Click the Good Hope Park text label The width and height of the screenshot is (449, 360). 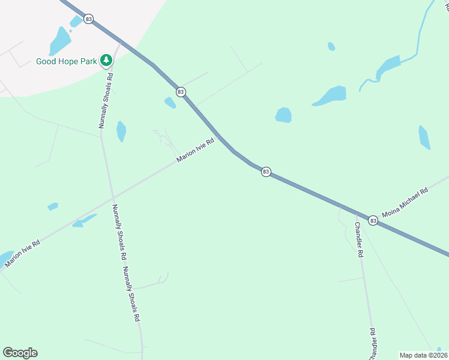[x=67, y=61]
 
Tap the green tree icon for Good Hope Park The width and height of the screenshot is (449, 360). [x=106, y=60]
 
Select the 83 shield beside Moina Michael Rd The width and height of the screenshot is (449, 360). [x=373, y=221]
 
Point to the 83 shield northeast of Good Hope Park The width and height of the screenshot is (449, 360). [x=89, y=19]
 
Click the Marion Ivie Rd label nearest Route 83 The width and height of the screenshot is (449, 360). [x=196, y=151]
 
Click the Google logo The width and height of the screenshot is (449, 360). [x=20, y=353]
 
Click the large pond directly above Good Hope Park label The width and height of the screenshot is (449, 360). [x=60, y=41]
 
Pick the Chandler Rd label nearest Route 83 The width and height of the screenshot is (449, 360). [x=358, y=239]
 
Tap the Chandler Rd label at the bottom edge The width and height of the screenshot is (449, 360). [x=373, y=343]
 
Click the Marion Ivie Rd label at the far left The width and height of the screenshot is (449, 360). [x=22, y=253]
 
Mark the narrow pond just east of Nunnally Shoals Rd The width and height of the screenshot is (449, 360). [x=121, y=131]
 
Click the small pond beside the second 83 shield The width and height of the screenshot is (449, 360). [x=170, y=103]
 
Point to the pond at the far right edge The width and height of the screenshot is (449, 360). [x=424, y=137]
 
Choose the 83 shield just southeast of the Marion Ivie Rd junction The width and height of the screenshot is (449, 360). [x=265, y=172]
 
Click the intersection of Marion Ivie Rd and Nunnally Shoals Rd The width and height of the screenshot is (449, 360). [x=112, y=196]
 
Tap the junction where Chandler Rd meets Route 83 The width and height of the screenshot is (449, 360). [x=340, y=206]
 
